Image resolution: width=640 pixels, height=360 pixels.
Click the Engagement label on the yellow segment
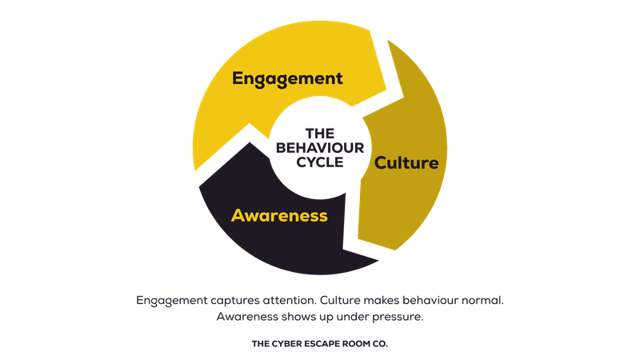pos(287,78)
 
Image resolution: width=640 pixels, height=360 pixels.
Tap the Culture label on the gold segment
pos(407,163)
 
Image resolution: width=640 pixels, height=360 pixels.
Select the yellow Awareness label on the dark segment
pos(279,215)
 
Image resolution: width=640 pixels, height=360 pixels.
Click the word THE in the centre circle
pos(319,134)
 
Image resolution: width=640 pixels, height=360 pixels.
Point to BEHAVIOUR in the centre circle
pos(319,147)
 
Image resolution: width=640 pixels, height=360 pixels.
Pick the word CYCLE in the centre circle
pos(319,161)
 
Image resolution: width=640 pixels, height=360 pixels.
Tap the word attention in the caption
pos(289,301)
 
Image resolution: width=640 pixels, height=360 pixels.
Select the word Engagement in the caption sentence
pos(171,301)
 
